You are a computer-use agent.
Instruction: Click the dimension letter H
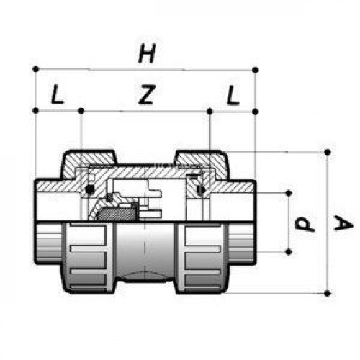147,53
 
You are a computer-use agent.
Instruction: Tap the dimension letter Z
146,94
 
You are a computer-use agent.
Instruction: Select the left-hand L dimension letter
57,94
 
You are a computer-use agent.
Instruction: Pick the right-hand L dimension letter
233,95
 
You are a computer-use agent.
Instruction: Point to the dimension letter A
343,223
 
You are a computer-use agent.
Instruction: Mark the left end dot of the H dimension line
35,69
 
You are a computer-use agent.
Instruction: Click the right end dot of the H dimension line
256,70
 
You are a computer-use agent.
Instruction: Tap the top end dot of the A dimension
328,152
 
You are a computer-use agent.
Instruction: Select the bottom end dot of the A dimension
327,293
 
